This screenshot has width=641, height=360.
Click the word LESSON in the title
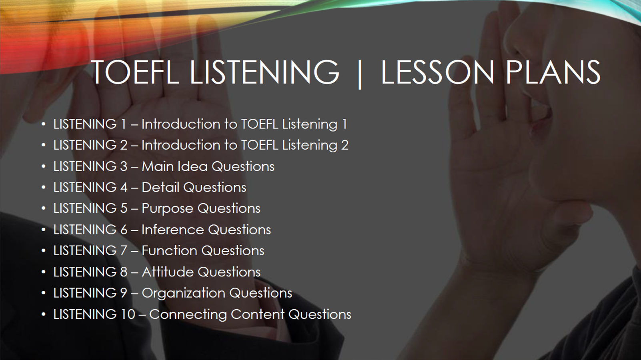[437, 72]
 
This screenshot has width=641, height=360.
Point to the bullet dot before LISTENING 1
[44, 124]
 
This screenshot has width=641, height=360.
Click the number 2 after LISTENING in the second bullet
[124, 145]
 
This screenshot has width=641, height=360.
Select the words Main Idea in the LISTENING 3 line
[174, 166]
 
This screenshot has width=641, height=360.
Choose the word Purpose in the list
[168, 209]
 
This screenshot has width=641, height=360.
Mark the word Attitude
[168, 272]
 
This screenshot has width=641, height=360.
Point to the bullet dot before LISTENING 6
[44, 230]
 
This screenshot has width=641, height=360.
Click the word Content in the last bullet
[258, 314]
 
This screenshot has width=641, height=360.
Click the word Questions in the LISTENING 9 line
[261, 293]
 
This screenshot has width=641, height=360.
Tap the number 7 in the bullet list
[123, 251]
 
